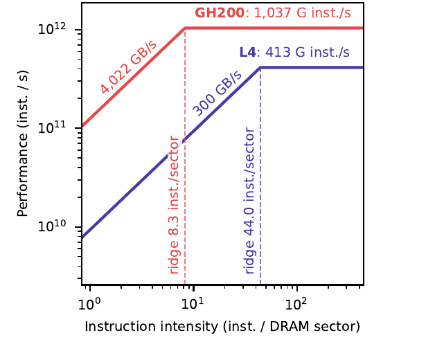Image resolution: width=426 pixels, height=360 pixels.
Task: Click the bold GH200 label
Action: pos(220,12)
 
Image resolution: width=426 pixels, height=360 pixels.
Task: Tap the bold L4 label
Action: pos(247,52)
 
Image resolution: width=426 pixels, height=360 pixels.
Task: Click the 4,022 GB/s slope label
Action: pos(128,67)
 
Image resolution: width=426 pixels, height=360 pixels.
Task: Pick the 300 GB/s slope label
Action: pos(217,93)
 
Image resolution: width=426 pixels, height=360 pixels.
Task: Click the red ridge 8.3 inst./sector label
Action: pos(174,205)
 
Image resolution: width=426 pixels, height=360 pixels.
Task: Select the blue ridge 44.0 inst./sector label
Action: pos(249,201)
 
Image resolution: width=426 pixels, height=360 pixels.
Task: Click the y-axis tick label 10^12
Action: pos(52,28)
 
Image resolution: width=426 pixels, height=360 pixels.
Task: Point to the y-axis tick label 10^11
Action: pos(52,127)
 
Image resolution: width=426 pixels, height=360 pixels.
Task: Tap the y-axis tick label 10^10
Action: pos(52,226)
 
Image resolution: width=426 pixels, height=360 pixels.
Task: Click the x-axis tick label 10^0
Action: pos(89,304)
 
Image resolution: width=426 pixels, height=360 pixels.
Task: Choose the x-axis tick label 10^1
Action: pos(193,304)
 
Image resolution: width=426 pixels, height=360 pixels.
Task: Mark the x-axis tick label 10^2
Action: pos(296,304)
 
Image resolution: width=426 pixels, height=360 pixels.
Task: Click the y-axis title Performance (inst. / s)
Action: pos(23,143)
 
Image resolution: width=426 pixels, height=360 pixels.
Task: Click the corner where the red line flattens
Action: pos(185,28)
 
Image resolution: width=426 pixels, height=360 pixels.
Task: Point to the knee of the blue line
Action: pos(260,68)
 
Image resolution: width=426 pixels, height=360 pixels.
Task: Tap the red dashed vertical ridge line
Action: pos(185,156)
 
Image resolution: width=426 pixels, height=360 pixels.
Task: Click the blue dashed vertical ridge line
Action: pos(260,176)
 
